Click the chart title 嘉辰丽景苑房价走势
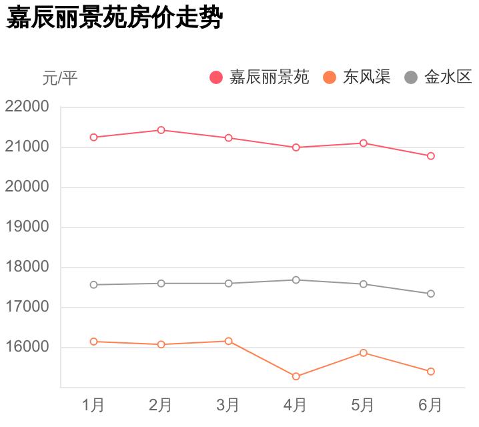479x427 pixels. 113,18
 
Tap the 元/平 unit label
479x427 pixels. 60,79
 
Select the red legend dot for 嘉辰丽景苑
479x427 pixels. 216,77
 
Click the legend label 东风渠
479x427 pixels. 366,77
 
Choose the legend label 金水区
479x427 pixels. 448,77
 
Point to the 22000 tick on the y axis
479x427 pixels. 27,107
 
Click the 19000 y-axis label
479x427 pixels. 27,227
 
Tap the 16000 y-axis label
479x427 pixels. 27,348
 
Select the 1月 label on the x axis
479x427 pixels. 93,404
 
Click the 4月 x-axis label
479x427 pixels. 296,404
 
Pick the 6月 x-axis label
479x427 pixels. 430,404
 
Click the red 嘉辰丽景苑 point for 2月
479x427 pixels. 161,130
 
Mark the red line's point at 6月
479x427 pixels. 431,156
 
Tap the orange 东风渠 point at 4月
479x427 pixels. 296,376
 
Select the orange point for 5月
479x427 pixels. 364,352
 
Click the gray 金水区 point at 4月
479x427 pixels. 296,280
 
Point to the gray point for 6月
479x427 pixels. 431,294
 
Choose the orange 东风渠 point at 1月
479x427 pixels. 93,342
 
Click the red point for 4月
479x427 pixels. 296,147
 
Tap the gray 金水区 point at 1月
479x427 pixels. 93,285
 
